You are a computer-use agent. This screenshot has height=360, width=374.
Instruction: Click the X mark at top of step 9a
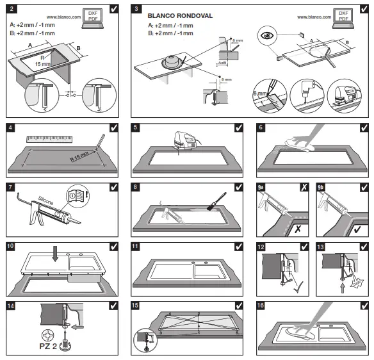click(302, 187)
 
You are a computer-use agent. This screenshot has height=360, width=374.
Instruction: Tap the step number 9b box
click(323, 187)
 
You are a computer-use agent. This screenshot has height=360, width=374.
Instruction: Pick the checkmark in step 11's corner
click(239, 246)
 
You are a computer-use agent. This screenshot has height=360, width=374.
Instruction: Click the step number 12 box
click(261, 246)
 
